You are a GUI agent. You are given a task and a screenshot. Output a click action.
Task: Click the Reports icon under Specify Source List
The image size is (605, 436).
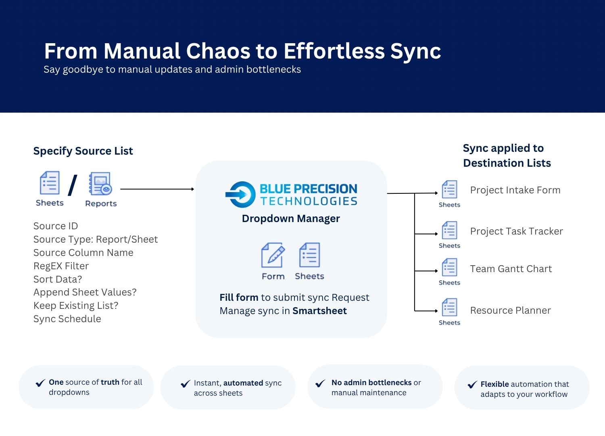click(x=100, y=184)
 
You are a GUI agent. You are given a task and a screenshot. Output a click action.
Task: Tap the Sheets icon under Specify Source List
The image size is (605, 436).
click(x=50, y=183)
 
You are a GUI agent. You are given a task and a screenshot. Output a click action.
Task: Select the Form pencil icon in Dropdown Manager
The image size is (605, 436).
click(x=273, y=255)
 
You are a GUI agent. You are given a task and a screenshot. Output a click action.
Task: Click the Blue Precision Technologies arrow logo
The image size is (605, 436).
click(x=240, y=195)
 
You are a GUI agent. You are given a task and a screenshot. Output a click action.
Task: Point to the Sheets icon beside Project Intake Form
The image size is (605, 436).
click(x=449, y=189)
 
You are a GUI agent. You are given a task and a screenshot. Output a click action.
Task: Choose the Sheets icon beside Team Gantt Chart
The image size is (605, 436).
click(x=449, y=268)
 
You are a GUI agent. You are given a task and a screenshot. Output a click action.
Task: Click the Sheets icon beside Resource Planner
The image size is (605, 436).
click(x=449, y=308)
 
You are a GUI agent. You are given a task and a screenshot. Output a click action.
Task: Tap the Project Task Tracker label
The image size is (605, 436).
click(x=516, y=231)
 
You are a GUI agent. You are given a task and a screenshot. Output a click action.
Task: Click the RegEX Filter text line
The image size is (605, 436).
click(x=61, y=266)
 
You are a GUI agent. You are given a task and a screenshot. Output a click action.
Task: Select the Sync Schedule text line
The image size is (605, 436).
click(x=67, y=319)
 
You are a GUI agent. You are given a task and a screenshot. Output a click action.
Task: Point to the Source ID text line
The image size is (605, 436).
click(x=55, y=226)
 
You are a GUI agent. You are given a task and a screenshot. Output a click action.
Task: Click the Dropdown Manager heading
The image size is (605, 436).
click(x=291, y=218)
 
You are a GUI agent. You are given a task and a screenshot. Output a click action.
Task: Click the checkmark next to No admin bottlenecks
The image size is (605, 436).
click(x=321, y=383)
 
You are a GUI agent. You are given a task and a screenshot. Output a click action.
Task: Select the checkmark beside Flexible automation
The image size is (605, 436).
click(x=472, y=385)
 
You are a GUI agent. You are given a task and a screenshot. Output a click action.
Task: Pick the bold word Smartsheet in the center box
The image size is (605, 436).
click(x=319, y=311)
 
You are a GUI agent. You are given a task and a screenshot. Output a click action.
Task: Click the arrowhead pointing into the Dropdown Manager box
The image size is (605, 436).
click(x=192, y=189)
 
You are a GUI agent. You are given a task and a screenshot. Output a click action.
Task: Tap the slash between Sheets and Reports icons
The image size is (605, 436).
click(x=73, y=185)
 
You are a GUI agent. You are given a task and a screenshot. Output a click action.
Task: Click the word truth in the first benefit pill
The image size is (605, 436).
click(x=110, y=382)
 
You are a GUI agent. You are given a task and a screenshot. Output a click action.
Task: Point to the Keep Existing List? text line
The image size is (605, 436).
click(x=76, y=306)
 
